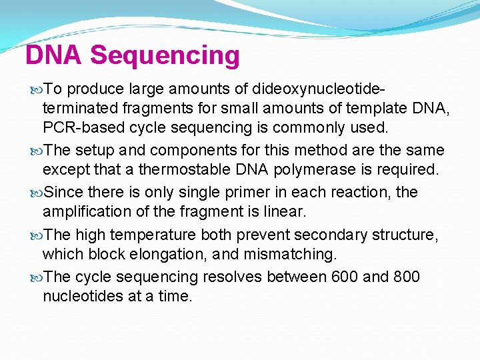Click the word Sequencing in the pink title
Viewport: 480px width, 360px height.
(x=165, y=56)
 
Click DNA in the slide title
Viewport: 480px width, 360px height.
(x=54, y=55)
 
